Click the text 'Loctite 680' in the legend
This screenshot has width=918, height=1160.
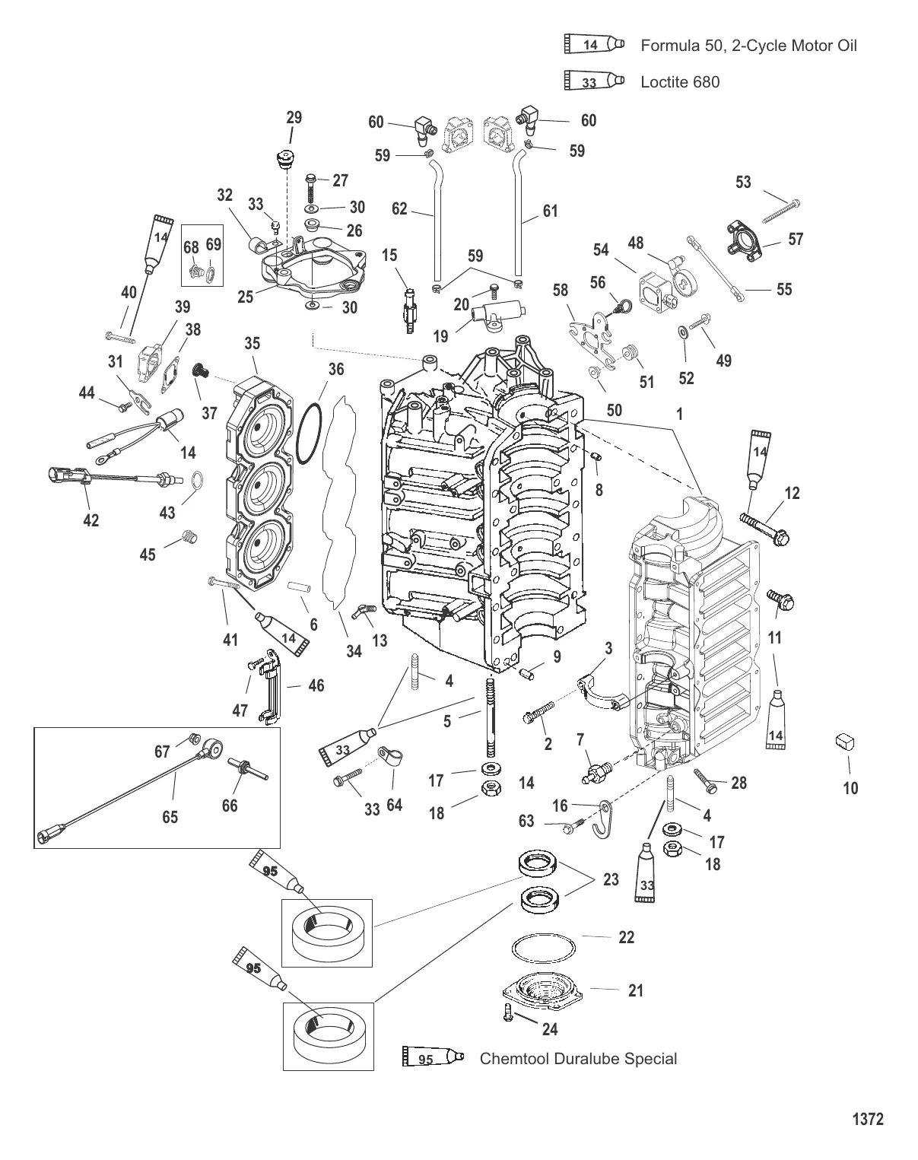coord(680,81)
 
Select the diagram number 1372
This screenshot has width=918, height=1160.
coord(867,1119)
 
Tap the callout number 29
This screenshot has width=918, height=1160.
coord(294,118)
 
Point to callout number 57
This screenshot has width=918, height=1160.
coord(796,240)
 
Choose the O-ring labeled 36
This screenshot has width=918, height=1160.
coord(307,434)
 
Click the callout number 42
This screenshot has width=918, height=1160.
coord(91,520)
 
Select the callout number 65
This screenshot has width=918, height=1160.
coord(170,816)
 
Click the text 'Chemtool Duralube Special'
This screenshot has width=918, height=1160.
coord(578,1058)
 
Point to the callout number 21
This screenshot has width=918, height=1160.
coord(636,990)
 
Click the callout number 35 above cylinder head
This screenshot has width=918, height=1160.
coord(253,343)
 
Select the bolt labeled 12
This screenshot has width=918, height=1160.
coord(764,524)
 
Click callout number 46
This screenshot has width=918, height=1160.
coord(316,685)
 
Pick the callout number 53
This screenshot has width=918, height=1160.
coord(743,182)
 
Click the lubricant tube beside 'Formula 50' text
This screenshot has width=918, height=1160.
coord(594,45)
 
